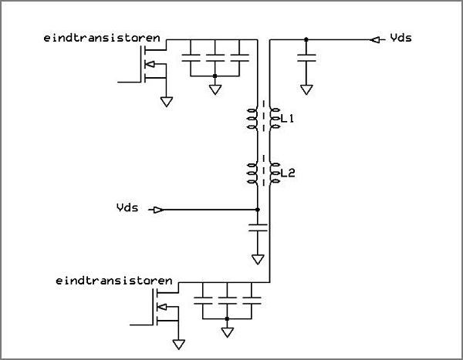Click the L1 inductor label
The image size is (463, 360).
pos(287,119)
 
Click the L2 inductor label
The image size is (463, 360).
pos(288,173)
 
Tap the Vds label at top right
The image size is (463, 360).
pos(400,38)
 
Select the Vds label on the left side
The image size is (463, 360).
pos(127,207)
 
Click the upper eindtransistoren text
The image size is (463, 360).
pos(102,38)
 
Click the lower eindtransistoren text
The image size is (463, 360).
pos(113,281)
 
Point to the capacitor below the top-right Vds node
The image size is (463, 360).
pos(306,58)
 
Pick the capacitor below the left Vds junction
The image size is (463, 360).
pos(258,227)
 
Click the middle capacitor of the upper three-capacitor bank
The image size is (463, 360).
pos(215,58)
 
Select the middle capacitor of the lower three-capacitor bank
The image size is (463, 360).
pos(227,301)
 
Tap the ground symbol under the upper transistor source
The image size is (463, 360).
pos(167,102)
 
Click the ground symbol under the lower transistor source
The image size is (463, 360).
pos(179,345)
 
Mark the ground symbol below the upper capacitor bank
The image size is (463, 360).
pos(215,89)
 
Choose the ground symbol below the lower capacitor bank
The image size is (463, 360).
pos(227,332)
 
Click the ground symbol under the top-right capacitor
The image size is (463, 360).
pos(306,89)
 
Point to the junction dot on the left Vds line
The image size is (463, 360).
pos(258,210)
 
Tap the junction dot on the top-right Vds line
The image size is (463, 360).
pos(306,39)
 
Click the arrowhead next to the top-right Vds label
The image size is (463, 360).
pos(375,39)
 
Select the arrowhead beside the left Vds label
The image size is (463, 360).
pos(158,210)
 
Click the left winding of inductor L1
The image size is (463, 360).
pos(252,119)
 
